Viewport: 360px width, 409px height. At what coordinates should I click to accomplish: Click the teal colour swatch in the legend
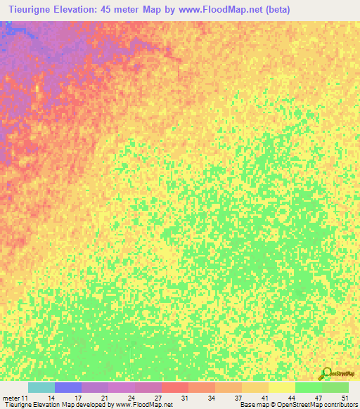[x=41, y=387]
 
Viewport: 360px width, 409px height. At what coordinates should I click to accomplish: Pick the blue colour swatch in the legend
[x=68, y=387]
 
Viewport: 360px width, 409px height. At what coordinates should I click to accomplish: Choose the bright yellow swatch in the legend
[x=282, y=387]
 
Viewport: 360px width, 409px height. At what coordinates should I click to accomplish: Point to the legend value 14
[x=51, y=398]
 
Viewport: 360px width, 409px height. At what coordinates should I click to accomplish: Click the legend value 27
[x=158, y=398]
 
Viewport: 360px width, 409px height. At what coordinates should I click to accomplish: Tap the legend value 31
[x=185, y=398]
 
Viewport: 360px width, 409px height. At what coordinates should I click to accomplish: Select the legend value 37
[x=238, y=398]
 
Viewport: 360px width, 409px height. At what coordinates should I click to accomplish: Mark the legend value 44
[x=292, y=398]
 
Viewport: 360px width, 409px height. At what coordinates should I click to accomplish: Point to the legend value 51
[x=344, y=398]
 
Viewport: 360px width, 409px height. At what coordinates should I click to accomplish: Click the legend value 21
[x=105, y=398]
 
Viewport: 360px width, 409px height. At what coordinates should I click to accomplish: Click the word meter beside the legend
[x=11, y=398]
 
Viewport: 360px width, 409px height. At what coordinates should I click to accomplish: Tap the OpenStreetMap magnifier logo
[x=326, y=373]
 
